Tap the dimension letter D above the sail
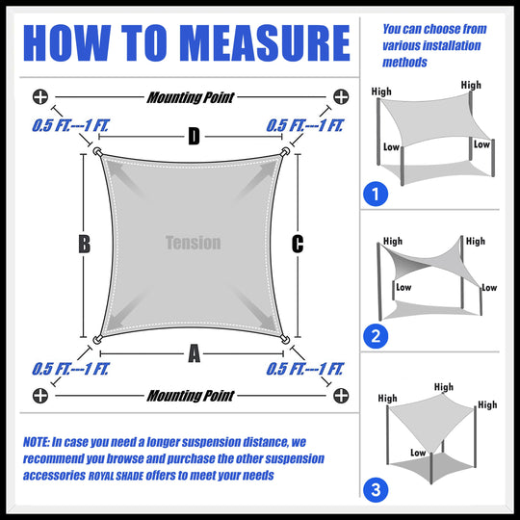click(194, 137)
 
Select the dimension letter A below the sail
click(194, 354)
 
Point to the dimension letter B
click(84, 245)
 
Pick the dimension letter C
click(298, 245)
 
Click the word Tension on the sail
click(193, 243)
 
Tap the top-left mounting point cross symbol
click(39, 96)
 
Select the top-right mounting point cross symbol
click(340, 96)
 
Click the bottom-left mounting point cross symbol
click(39, 395)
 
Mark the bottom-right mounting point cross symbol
click(340, 395)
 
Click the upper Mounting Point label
click(190, 97)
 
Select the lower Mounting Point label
click(190, 396)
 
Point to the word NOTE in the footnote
click(38, 441)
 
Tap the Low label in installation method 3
click(419, 452)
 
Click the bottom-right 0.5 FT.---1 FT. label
click(304, 369)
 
